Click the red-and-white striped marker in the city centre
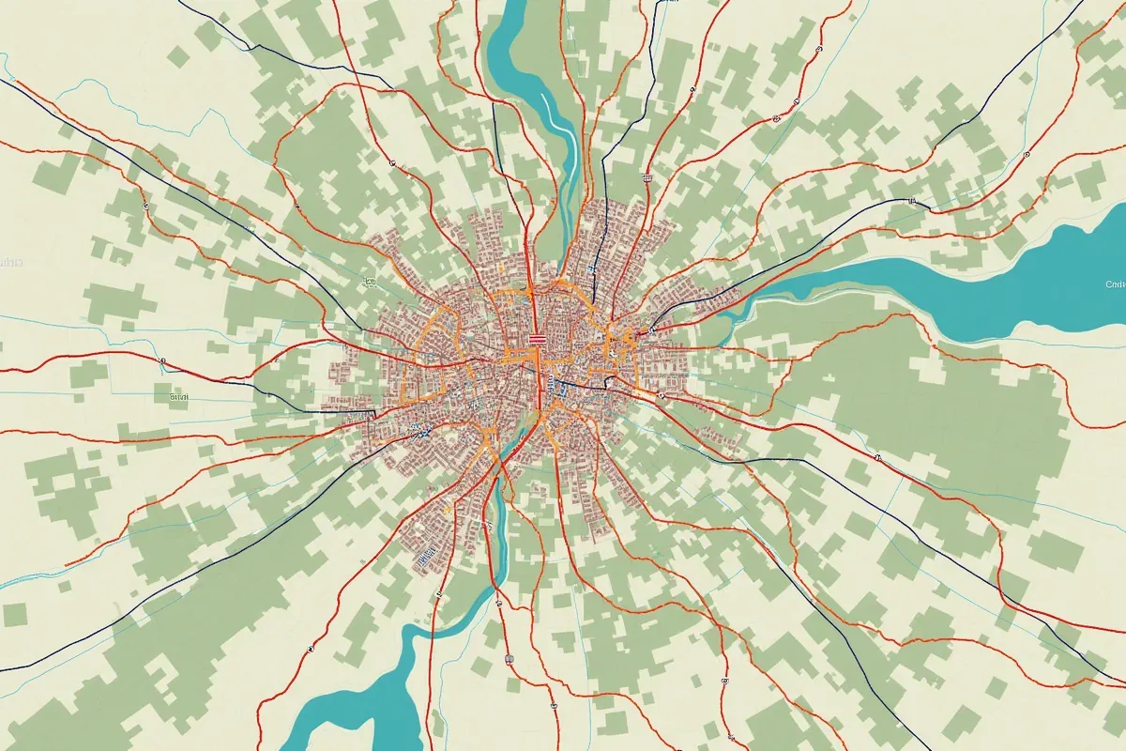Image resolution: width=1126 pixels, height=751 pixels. (537, 339)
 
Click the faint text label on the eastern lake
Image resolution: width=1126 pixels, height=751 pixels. (1116, 284)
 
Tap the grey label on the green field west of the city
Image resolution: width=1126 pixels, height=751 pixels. (178, 397)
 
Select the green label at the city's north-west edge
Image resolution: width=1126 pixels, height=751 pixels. (369, 281)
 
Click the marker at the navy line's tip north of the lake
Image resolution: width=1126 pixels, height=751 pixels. (910, 200)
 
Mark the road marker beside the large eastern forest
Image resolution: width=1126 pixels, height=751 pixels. (877, 458)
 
